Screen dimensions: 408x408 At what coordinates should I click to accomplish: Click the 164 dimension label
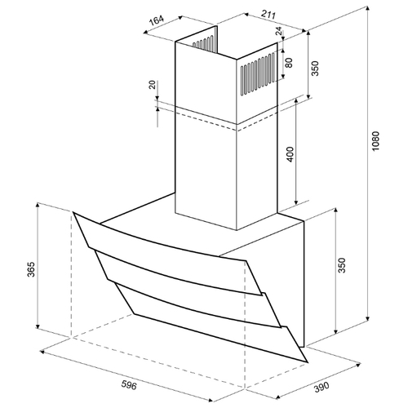[157, 20]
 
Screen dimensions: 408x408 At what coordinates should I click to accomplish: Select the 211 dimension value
[268, 14]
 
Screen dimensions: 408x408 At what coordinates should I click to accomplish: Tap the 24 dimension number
[279, 32]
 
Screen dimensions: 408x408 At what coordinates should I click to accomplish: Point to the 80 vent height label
[289, 63]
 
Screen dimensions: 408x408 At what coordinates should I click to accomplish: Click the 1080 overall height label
[375, 141]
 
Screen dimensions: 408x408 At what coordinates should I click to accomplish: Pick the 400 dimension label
[290, 154]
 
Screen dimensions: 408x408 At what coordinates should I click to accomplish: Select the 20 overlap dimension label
[153, 85]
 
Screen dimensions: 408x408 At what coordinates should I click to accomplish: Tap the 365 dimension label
[31, 269]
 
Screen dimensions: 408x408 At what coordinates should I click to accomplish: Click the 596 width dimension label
[129, 385]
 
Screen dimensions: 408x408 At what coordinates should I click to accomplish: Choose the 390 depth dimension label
[322, 387]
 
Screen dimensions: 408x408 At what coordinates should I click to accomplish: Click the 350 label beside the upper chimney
[315, 69]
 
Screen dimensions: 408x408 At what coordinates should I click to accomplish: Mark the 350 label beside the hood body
[341, 265]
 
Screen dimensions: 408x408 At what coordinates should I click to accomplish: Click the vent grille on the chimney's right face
[258, 74]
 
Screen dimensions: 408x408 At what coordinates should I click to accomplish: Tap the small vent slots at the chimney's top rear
[203, 43]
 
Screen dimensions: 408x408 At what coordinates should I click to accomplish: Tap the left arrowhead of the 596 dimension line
[42, 352]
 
